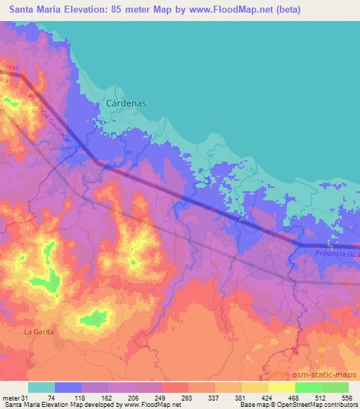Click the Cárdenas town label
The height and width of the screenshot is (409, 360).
point(127,103)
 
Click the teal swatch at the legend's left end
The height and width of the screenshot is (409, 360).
point(41,387)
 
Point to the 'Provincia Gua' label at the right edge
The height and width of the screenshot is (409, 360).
point(337,253)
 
